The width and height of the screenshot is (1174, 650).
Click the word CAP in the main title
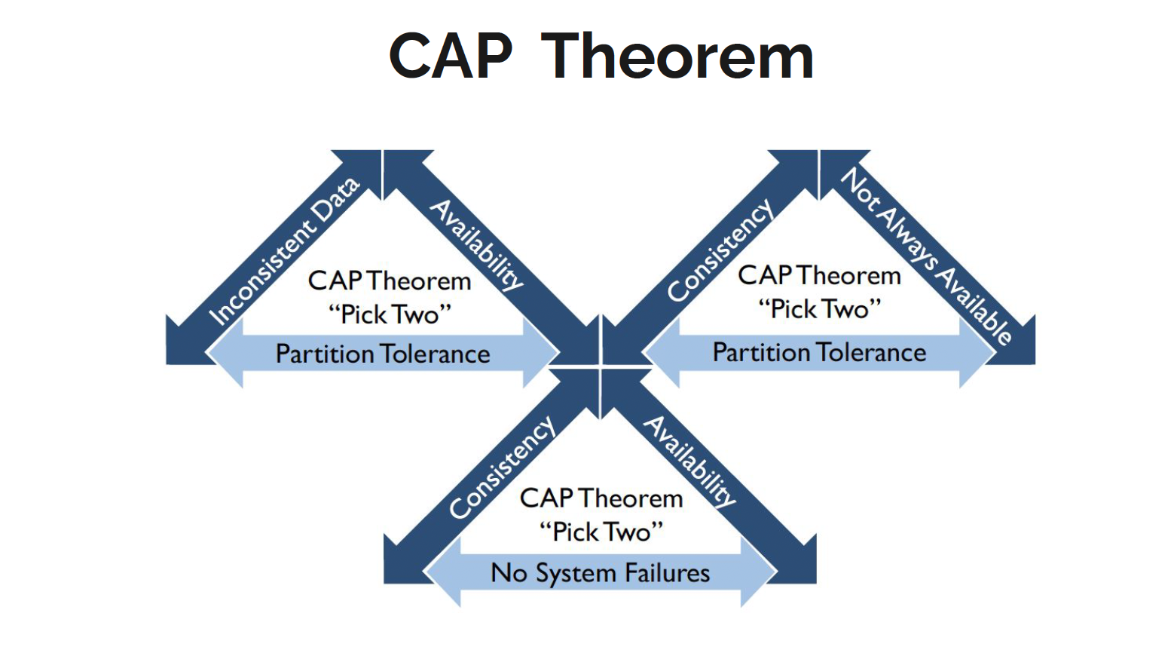point(450,57)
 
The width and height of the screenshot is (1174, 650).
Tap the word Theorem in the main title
point(677,57)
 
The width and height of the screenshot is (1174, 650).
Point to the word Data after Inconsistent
point(337,199)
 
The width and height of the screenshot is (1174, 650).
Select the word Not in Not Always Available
point(861,189)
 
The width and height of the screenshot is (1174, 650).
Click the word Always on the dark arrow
point(910,239)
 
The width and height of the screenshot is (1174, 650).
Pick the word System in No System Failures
point(576,574)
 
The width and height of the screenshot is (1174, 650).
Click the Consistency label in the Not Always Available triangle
point(720,250)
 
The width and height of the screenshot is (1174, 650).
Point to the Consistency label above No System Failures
point(502,468)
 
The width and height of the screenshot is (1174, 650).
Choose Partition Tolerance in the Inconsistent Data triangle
point(383,354)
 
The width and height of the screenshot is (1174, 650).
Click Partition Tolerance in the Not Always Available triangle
point(819,352)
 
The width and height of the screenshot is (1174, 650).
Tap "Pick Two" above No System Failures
point(601,532)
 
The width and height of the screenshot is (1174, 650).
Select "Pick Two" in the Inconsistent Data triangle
point(390,314)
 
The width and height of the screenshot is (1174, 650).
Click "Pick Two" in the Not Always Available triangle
point(819,308)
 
